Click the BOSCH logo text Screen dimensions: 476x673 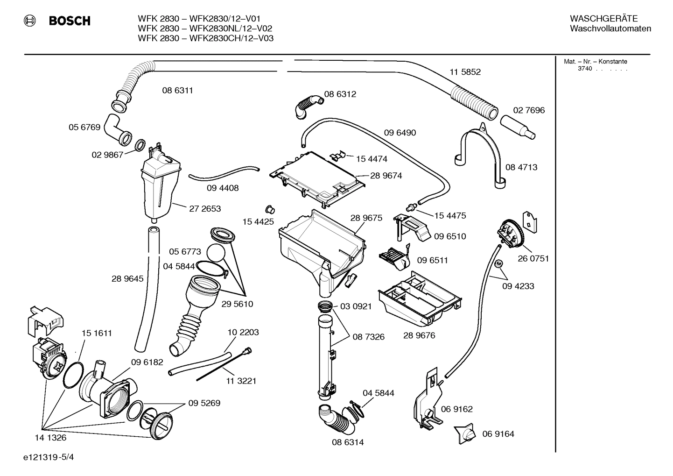[70, 21]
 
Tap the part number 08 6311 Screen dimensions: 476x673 [177, 91]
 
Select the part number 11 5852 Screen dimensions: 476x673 [465, 72]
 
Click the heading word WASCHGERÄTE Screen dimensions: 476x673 [603, 19]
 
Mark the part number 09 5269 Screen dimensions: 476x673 [204, 403]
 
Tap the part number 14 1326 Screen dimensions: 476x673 [50, 438]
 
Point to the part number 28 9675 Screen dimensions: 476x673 [366, 218]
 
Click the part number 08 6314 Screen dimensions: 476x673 [348, 442]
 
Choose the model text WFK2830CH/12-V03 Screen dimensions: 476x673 [231, 38]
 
